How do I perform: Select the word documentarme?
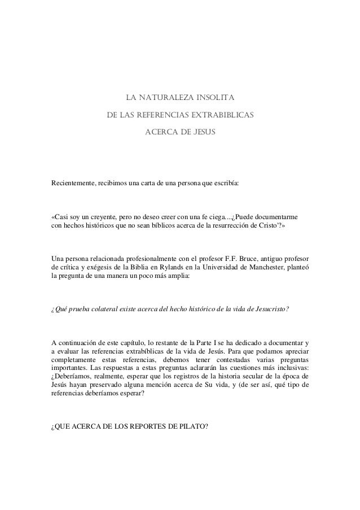(276, 217)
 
